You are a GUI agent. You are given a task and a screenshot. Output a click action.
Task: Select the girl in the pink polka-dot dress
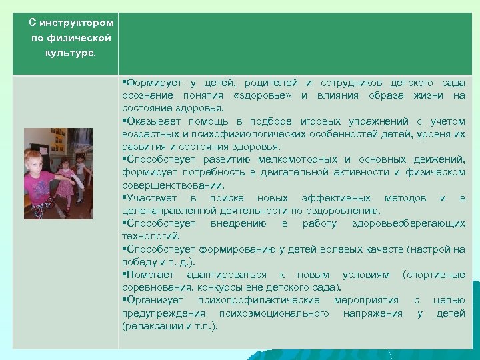click(65, 177)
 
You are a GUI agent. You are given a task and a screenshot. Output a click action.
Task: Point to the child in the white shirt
click(81, 171)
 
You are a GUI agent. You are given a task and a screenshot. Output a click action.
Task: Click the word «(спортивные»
click(433, 275)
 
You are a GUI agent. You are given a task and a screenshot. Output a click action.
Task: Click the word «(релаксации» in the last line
click(148, 326)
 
